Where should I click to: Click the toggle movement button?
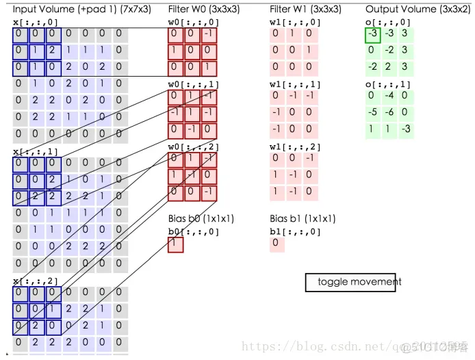point(350,282)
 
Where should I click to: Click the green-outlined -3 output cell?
point(372,34)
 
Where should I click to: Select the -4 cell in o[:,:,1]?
point(389,96)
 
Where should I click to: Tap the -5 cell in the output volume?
point(372,112)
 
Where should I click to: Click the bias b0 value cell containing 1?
point(176,244)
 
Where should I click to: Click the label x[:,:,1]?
point(35,151)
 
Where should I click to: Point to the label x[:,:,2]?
point(35,281)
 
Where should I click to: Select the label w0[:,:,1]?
point(194,84)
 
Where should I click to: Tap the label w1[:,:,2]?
point(295,146)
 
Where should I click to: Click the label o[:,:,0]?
point(389,22)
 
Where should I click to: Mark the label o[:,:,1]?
point(389,84)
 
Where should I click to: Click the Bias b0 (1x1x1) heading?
point(201,219)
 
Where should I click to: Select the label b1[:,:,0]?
point(295,231)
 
